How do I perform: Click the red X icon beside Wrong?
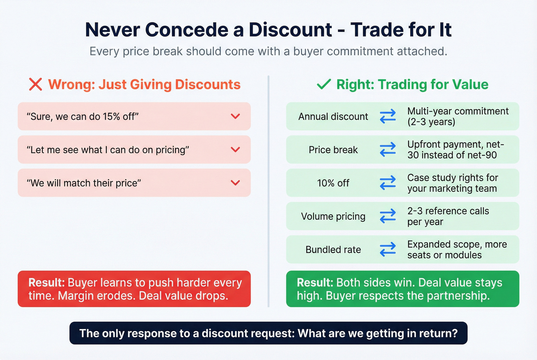click(35, 84)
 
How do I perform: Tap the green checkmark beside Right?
click(324, 84)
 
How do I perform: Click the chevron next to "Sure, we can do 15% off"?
click(236, 116)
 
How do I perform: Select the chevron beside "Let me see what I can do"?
click(236, 150)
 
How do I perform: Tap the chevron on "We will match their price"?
click(236, 183)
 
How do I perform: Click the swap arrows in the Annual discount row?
click(388, 116)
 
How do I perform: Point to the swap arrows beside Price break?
click(388, 150)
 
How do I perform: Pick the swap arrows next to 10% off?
click(388, 183)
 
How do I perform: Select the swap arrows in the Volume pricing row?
click(388, 216)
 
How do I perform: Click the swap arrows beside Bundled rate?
click(388, 250)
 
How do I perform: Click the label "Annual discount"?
click(333, 117)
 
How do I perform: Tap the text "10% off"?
click(333, 183)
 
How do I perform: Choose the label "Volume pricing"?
click(333, 217)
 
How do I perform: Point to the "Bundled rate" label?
click(333, 250)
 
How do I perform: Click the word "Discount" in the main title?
click(290, 30)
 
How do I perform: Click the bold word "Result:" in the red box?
click(46, 283)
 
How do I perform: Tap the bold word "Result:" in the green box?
click(315, 283)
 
